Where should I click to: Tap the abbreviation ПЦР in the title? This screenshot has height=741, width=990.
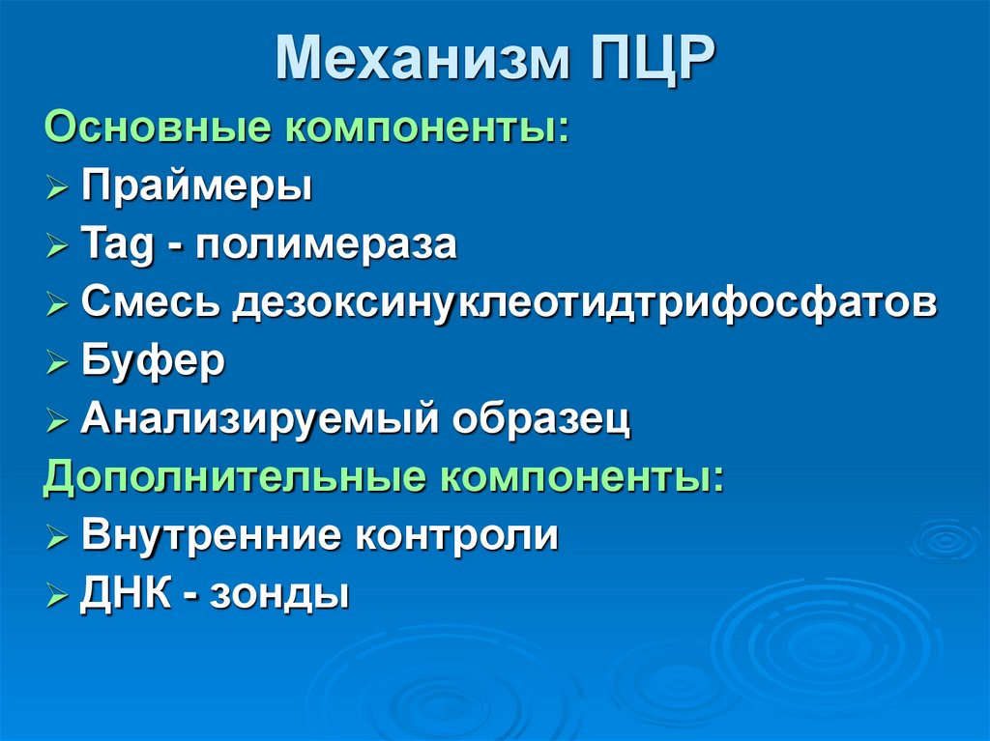pos(649,60)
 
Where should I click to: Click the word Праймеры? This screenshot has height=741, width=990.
pos(196,185)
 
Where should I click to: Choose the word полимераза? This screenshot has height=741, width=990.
pos(326,244)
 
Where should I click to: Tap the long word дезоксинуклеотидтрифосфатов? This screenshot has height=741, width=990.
pos(584,303)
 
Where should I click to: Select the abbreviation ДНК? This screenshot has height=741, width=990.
pos(125,593)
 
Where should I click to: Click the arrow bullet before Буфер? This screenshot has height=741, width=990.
pos(57,363)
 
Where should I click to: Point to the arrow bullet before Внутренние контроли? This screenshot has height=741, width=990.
pos(57,537)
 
